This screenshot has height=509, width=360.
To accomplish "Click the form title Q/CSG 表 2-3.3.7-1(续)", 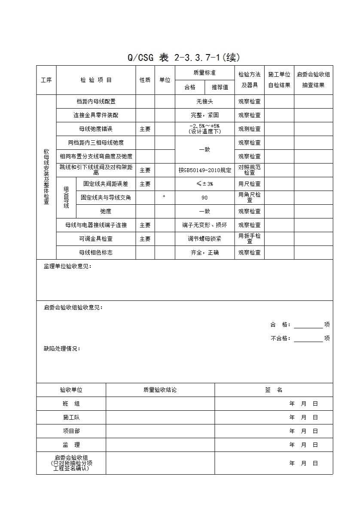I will tap(183, 58).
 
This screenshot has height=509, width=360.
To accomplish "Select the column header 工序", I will tap(46, 80).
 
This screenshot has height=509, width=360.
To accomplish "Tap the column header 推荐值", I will tap(220, 87).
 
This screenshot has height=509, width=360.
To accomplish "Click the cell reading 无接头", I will tap(204, 102).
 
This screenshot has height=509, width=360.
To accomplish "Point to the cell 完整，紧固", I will tap(204, 115).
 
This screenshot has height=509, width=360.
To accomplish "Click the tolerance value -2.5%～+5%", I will tap(204, 126).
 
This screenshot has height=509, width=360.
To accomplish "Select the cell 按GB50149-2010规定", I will tap(204, 170).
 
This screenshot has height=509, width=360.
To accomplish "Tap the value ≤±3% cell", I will tap(204, 184).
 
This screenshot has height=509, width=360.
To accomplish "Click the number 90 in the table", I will tap(204, 197).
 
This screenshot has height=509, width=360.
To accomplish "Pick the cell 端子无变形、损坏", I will tap(204, 225).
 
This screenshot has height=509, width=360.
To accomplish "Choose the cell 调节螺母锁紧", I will tap(204, 239).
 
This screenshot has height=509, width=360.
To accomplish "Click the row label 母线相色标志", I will tap(95, 252).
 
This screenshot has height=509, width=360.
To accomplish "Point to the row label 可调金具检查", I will tap(95, 239).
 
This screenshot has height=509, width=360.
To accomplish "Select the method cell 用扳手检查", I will tap(249, 239).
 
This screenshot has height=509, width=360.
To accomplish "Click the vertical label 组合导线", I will tap(66, 197).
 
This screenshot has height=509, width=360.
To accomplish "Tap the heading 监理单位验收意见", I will tap(67, 267).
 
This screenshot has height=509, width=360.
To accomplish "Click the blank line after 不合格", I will tap(308, 339).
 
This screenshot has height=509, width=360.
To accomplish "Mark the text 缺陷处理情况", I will tap(62, 349).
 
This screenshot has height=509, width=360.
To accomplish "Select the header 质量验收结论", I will tap(160, 390).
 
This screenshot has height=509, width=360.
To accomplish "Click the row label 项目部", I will tap(71, 431).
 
